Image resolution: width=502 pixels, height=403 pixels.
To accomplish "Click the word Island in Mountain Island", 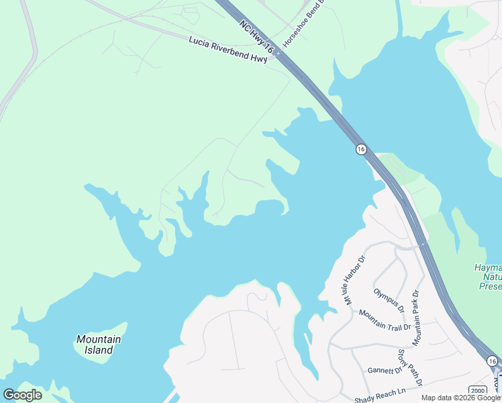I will pyautogui.click(x=99, y=350).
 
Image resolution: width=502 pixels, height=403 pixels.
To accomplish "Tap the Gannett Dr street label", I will pyautogui.click(x=385, y=370).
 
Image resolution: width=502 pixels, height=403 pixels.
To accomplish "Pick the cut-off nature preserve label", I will pyautogui.click(x=488, y=277).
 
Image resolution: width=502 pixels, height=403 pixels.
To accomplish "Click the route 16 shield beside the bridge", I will pyautogui.click(x=361, y=149).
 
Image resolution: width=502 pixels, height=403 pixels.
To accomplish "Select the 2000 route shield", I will pyautogui.click(x=477, y=390).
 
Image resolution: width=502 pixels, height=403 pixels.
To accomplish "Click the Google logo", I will pyautogui.click(x=22, y=395).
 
